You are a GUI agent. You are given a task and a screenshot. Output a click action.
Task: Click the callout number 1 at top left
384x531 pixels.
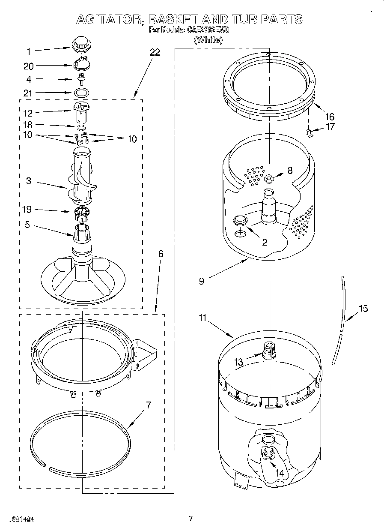tap(29, 52)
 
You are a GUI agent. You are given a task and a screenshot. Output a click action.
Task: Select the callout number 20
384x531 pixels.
tap(29, 66)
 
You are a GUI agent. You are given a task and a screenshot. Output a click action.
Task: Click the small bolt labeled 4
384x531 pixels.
tap(80, 78)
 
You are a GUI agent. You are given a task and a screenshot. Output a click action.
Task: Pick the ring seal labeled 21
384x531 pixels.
tap(81, 92)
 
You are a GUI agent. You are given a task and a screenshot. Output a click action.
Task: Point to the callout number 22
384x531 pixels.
tap(155, 52)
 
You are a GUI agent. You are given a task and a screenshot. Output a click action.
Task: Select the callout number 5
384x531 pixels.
tap(27, 224)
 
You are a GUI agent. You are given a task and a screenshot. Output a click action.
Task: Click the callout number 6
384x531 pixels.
tap(161, 254)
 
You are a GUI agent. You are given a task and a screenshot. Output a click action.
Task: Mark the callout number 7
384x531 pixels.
tap(148, 405)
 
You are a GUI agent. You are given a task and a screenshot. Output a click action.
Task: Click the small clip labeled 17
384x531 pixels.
tap(310, 133)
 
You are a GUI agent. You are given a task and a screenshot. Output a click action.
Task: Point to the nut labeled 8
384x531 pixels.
tap(268, 179)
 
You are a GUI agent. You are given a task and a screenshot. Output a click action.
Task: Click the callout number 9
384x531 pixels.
tap(201, 281)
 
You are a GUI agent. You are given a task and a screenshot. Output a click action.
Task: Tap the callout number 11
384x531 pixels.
tap(202, 318)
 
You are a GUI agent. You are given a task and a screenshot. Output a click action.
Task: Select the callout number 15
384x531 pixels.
tap(363, 308)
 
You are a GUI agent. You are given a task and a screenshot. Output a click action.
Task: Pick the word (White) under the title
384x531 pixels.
tap(208, 40)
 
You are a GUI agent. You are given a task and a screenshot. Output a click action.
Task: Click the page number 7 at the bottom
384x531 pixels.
tap(191, 519)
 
